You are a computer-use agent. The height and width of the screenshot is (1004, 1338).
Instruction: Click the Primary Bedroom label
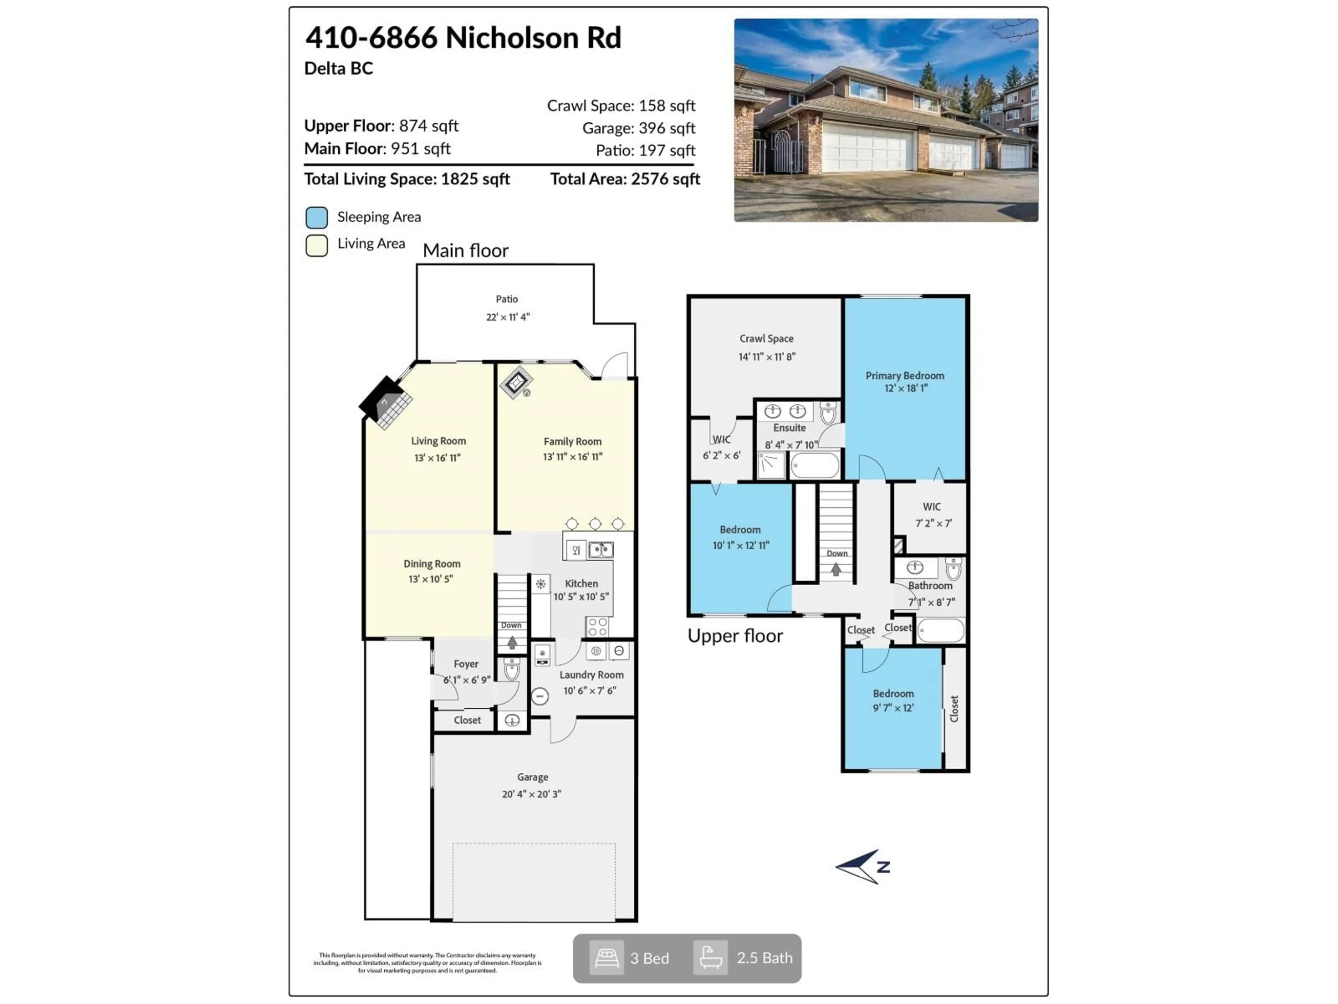[904, 376]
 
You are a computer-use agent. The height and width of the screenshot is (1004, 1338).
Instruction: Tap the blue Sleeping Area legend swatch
[316, 217]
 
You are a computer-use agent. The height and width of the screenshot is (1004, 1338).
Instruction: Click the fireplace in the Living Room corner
[386, 402]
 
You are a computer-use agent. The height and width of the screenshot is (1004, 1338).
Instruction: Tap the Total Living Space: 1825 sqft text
[407, 179]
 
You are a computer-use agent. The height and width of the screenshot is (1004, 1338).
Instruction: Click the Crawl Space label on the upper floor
[766, 339]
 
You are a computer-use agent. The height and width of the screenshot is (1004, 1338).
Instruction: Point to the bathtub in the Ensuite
[815, 465]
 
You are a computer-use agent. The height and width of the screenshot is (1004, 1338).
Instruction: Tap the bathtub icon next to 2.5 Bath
[710, 958]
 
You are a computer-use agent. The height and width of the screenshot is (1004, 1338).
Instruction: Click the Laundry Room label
[591, 675]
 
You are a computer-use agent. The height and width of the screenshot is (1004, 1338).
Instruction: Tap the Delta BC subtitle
[338, 68]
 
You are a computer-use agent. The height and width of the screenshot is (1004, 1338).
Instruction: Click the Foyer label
[466, 664]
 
